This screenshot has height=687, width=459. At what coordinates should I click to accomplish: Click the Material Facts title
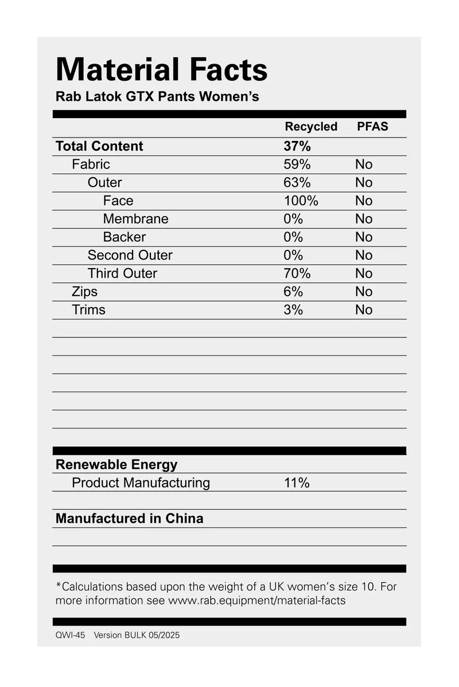(x=161, y=70)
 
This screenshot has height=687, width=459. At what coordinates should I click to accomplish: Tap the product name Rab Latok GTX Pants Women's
(x=157, y=96)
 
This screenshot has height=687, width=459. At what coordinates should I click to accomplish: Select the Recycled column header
(x=311, y=127)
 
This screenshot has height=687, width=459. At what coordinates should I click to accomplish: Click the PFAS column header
(x=372, y=127)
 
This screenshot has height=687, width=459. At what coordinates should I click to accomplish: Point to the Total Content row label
(x=99, y=146)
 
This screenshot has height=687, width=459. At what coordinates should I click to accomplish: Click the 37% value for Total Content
(x=297, y=146)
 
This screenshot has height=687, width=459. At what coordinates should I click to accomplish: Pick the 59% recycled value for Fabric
(x=297, y=164)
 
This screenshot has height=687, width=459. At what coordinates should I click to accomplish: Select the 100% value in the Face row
(x=301, y=201)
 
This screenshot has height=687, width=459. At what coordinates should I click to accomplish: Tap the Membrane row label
(x=135, y=219)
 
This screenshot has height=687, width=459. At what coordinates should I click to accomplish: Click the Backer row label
(x=124, y=237)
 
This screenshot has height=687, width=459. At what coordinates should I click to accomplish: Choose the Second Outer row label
(x=130, y=255)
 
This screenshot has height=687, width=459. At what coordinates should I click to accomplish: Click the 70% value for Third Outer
(x=297, y=273)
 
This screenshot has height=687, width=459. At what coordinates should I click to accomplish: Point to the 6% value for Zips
(x=293, y=292)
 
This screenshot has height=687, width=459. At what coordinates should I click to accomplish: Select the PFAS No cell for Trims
(x=364, y=310)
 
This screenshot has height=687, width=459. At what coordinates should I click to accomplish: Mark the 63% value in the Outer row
(x=297, y=183)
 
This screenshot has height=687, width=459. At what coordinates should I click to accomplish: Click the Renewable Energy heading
(x=116, y=465)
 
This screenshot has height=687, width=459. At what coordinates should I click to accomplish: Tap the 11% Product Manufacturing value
(x=297, y=483)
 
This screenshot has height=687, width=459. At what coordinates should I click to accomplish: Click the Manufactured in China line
(x=129, y=519)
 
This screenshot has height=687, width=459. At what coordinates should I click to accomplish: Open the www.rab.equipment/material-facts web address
(x=256, y=601)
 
